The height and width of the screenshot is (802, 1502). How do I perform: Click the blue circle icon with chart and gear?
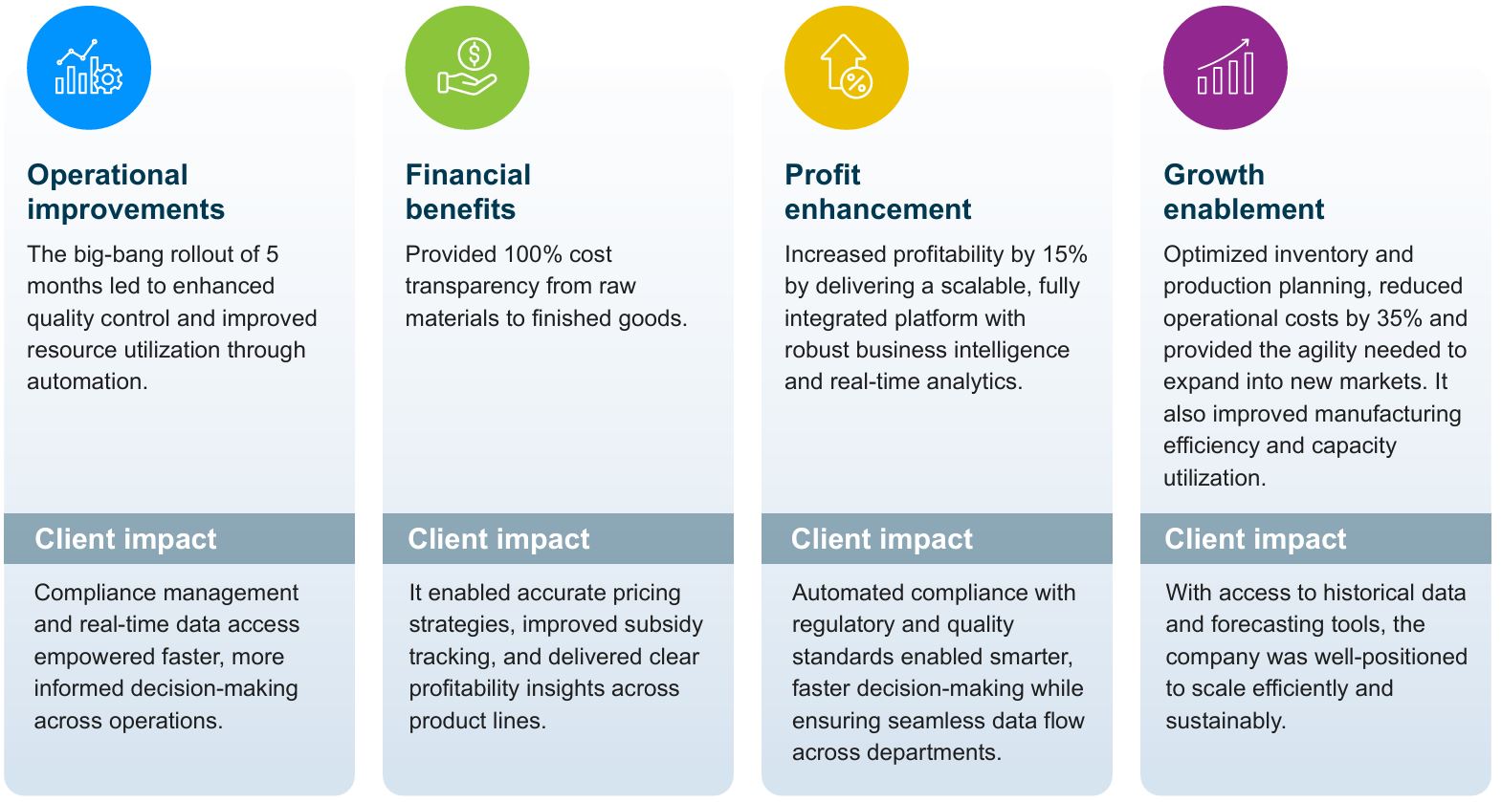(x=89, y=68)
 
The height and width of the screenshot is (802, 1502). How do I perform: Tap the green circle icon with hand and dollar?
(x=468, y=68)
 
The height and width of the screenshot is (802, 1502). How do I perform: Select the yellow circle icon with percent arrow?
(x=847, y=68)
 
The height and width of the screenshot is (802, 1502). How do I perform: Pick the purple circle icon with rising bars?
(x=1226, y=68)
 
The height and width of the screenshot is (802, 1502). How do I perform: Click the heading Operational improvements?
(x=125, y=191)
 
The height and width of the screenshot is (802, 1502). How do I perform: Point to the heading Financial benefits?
(x=468, y=191)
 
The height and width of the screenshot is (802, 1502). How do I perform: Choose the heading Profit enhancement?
(x=877, y=191)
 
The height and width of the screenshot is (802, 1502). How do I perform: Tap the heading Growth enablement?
(x=1244, y=191)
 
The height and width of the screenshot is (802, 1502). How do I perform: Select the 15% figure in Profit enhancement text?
(x=1065, y=254)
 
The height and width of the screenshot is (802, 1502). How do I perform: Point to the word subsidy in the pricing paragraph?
(x=664, y=625)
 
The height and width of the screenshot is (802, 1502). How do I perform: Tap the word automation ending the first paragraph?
(x=87, y=381)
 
